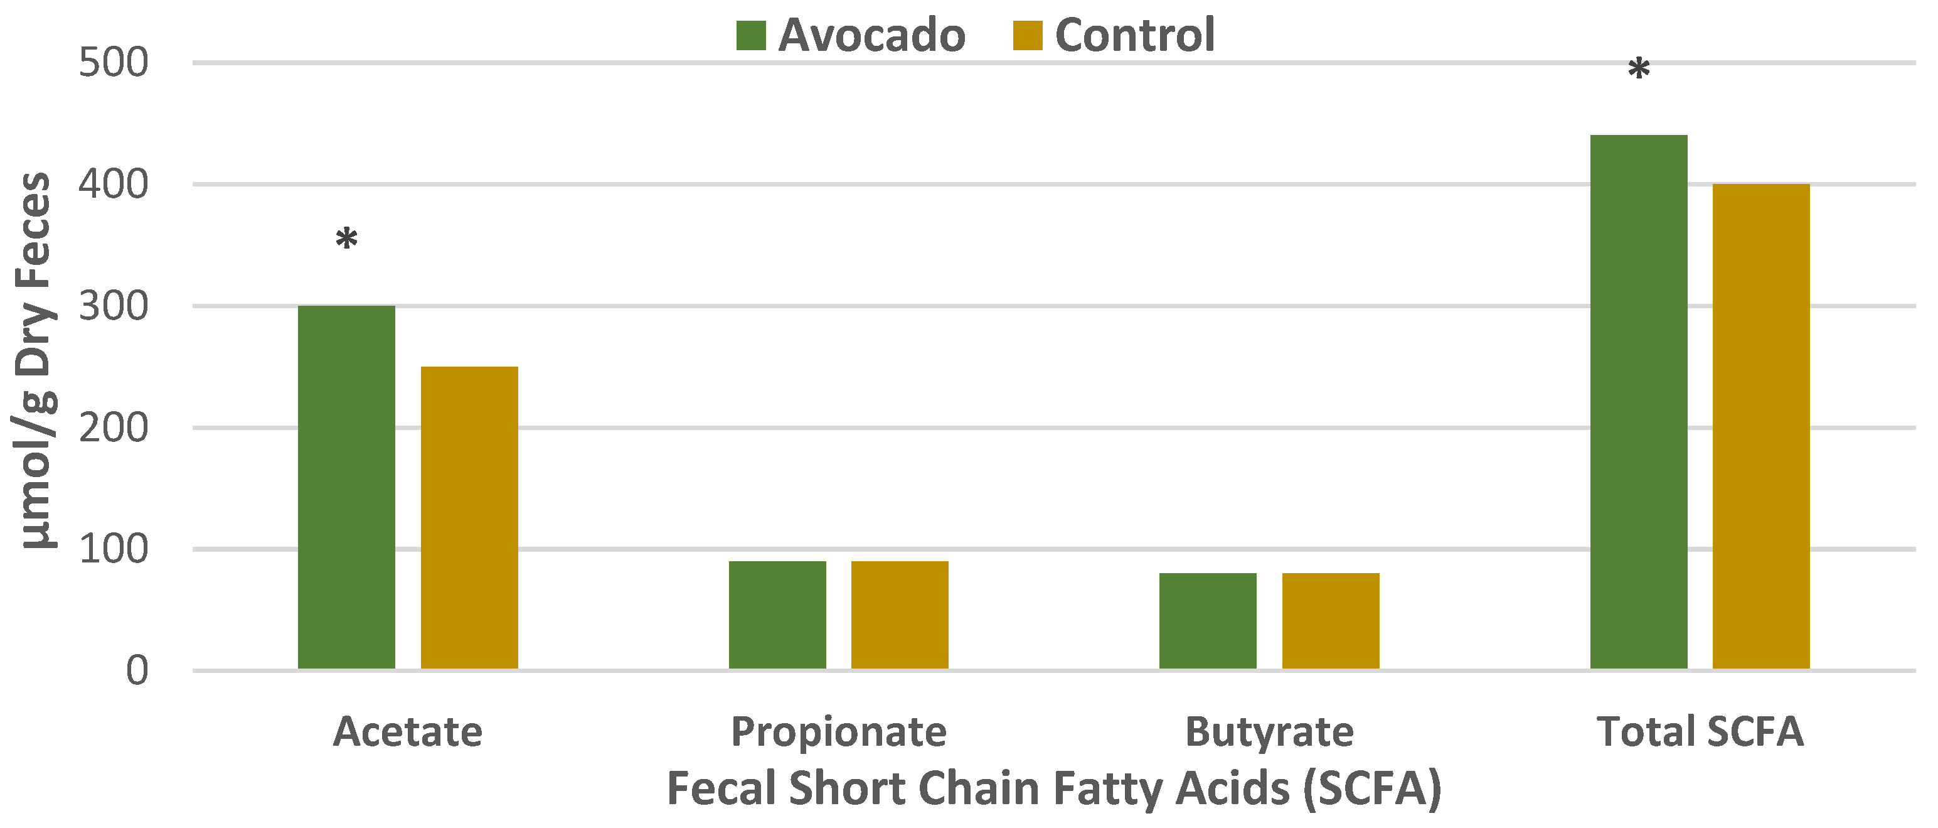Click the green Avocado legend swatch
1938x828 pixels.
click(751, 35)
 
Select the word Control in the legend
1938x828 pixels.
click(1134, 35)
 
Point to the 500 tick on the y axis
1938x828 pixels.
click(113, 63)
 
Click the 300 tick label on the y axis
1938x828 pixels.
click(113, 306)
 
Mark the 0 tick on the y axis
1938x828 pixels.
click(136, 670)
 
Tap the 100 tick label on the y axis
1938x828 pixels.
click(113, 549)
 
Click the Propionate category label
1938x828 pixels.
click(839, 732)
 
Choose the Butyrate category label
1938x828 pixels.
click(1269, 732)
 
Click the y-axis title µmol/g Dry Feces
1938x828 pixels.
click(35, 362)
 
